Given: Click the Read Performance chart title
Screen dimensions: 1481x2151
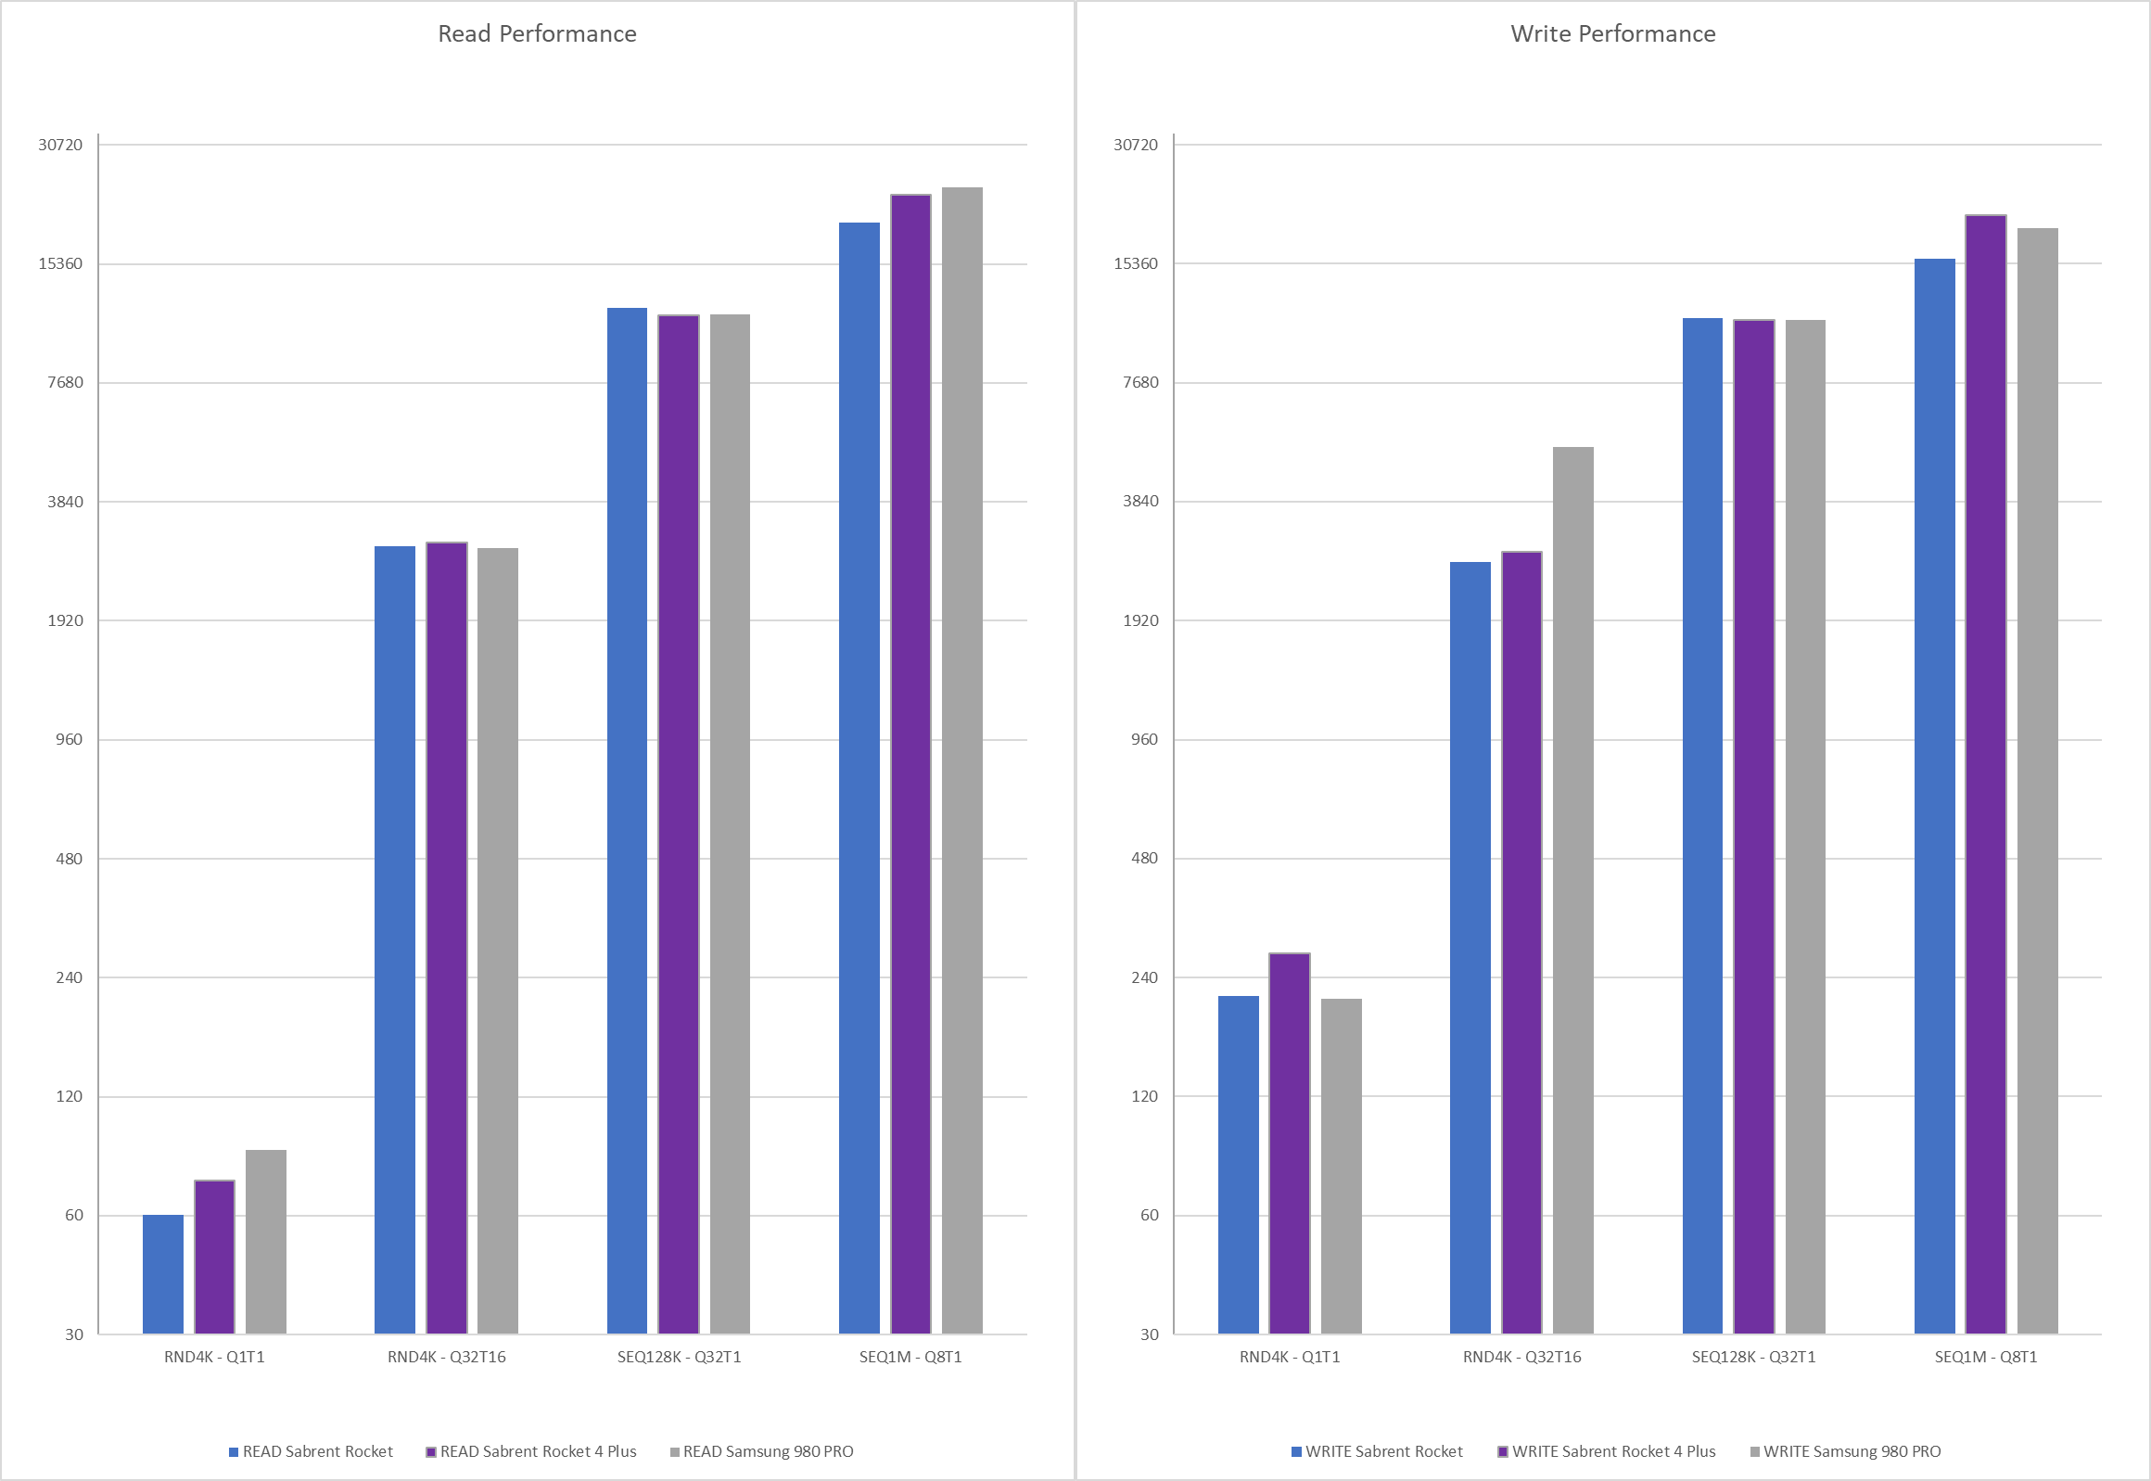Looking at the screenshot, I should (537, 34).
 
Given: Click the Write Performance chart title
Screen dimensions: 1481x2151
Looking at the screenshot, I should (1612, 34).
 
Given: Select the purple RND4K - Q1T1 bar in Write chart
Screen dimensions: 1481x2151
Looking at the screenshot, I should (1290, 1143).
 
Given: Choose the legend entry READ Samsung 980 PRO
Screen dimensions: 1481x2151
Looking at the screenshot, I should (768, 1451).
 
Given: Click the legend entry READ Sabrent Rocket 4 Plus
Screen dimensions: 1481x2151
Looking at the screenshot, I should (538, 1451).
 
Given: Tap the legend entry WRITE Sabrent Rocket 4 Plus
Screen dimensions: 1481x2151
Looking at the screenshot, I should (1613, 1451).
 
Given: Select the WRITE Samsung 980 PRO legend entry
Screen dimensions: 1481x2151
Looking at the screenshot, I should (1852, 1451).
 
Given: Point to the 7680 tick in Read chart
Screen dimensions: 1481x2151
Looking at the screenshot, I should (65, 382).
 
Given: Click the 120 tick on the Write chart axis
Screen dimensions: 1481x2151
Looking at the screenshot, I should (1145, 1096).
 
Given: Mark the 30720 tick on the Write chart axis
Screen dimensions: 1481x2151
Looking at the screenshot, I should (1136, 145).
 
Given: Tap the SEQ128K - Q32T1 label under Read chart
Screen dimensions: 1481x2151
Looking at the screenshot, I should (679, 1357).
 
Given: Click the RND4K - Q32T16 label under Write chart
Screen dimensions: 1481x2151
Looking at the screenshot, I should (1521, 1357).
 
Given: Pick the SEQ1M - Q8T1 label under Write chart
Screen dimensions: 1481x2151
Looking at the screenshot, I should (1986, 1357).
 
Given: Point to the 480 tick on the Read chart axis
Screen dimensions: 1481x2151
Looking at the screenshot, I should (69, 859).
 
